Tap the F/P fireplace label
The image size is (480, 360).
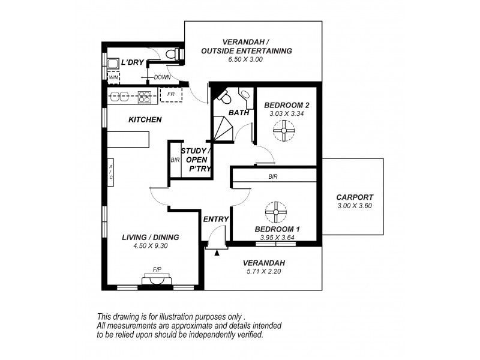(x=157, y=269)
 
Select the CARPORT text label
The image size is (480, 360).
(x=355, y=197)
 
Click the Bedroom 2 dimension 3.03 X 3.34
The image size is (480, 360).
(x=286, y=113)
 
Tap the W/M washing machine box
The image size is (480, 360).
(x=113, y=77)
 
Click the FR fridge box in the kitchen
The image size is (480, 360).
(x=171, y=95)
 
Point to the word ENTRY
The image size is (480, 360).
(x=216, y=219)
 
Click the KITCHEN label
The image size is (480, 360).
(x=145, y=119)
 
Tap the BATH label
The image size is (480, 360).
(x=238, y=112)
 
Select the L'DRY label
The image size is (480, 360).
(x=133, y=63)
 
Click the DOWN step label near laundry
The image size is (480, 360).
(x=162, y=77)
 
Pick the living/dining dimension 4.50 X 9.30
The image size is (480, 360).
(x=151, y=245)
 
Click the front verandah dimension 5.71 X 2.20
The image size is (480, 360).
(x=263, y=271)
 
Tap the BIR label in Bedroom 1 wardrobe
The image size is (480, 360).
(x=273, y=177)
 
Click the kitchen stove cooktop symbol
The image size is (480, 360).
(x=144, y=95)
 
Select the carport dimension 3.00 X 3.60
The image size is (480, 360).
(x=355, y=206)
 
